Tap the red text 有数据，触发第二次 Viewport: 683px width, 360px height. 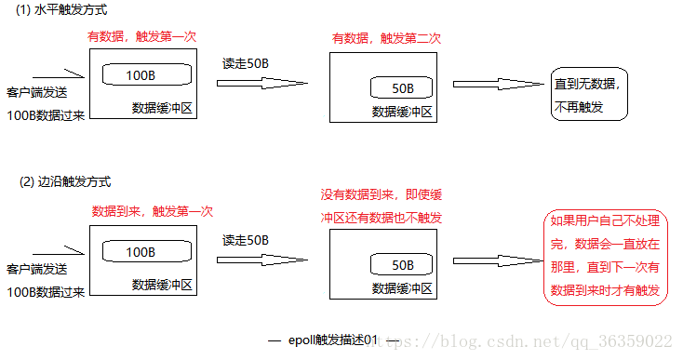click(386, 38)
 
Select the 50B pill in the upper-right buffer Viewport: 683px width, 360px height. click(402, 88)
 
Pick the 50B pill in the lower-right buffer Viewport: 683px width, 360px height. click(402, 264)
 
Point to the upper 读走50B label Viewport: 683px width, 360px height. click(246, 64)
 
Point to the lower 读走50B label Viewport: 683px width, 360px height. click(246, 240)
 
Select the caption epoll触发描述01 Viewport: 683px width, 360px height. click(332, 340)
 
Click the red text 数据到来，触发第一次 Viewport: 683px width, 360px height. click(153, 211)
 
